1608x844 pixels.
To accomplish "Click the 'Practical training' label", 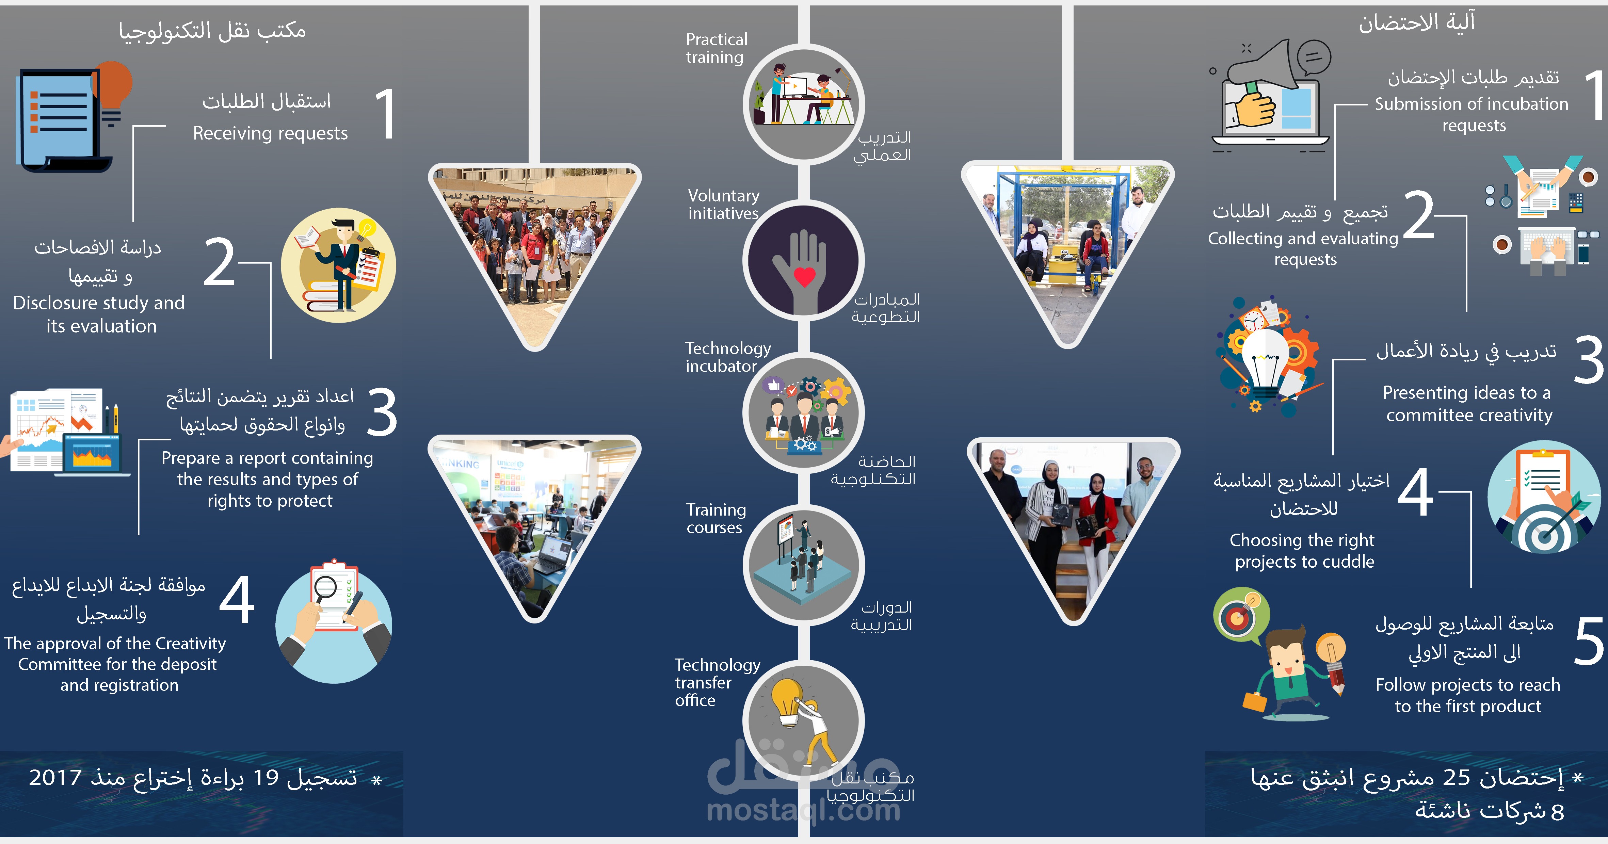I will pyautogui.click(x=716, y=48).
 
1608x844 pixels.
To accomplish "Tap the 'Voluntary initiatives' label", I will pyautogui.click(x=723, y=205).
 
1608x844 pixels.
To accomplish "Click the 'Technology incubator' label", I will pyautogui.click(x=727, y=357).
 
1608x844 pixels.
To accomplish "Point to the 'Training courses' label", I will pyautogui.click(x=716, y=519).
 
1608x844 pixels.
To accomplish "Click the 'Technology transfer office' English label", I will pyautogui.click(x=717, y=682).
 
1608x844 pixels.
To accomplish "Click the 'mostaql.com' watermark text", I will pyautogui.click(x=803, y=810).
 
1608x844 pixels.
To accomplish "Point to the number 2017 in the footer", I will pyautogui.click(x=55, y=778).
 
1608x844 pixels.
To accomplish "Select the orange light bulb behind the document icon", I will pyautogui.click(x=114, y=84).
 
